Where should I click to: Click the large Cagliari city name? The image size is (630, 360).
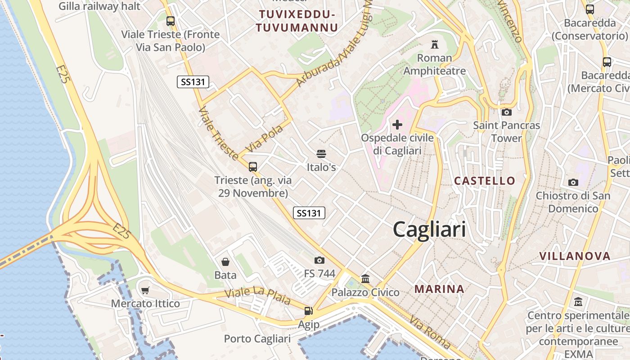(429, 229)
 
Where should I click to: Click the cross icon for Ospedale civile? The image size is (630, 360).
(397, 124)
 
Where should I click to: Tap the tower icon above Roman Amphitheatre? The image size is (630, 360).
(434, 45)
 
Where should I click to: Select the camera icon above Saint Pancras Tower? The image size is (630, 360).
(506, 112)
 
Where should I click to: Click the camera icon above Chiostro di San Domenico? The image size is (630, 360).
(573, 182)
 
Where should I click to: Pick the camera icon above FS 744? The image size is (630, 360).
(319, 260)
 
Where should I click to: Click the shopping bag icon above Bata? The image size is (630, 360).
(225, 261)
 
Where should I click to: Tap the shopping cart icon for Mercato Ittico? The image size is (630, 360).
(145, 290)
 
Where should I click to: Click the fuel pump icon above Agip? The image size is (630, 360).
(308, 310)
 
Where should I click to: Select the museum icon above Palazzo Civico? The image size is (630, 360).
(365, 279)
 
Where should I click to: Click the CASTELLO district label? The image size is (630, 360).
(485, 181)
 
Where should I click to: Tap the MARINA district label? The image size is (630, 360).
(439, 289)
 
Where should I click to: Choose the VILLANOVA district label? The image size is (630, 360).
(575, 256)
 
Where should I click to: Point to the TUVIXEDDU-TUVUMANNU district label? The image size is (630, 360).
(297, 21)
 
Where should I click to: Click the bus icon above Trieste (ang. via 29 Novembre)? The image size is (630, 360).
(253, 167)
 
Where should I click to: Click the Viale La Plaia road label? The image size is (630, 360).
(257, 296)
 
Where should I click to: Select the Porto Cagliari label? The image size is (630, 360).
(257, 338)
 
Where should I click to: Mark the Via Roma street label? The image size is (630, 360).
(430, 333)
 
